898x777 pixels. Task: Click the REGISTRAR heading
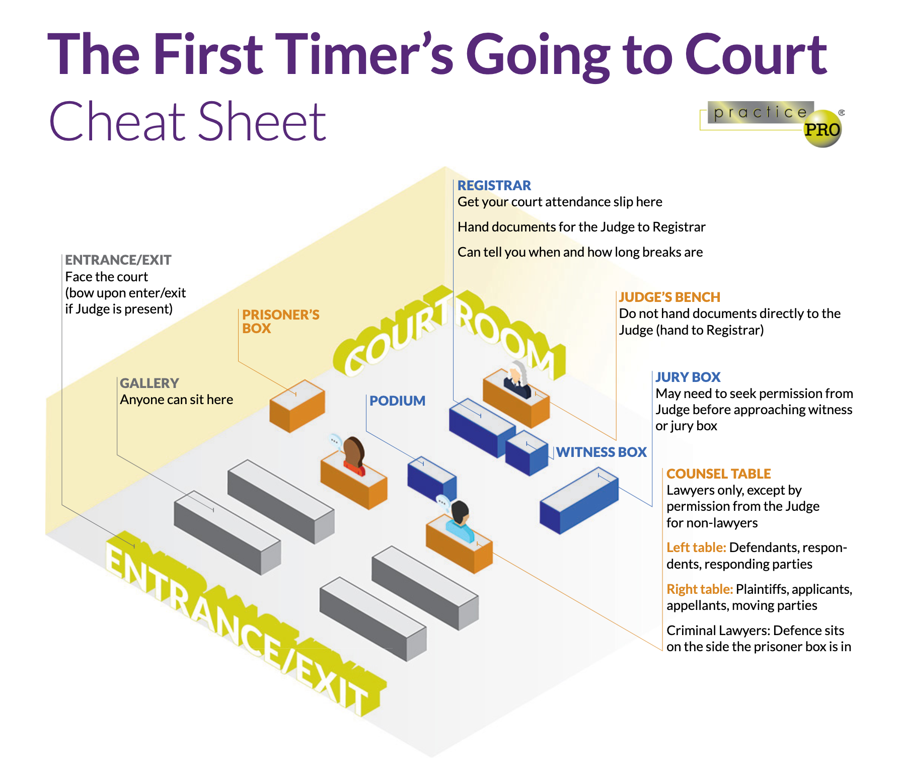click(494, 185)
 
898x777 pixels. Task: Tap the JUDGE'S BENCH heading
click(669, 297)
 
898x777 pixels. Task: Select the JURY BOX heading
click(688, 377)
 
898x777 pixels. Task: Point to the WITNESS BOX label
click(601, 452)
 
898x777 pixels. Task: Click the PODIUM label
click(397, 401)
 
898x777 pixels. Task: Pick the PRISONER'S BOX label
click(280, 321)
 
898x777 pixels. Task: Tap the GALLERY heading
click(149, 383)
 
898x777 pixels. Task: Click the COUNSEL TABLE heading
click(718, 474)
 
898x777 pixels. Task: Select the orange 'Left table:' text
click(696, 547)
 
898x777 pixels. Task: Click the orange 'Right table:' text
click(700, 589)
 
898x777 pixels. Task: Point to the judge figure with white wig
click(517, 380)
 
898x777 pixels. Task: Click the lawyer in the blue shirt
click(460, 523)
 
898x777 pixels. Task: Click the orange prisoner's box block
click(297, 406)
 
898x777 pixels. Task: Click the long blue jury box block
click(579, 500)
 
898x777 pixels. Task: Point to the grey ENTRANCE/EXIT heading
click(118, 260)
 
